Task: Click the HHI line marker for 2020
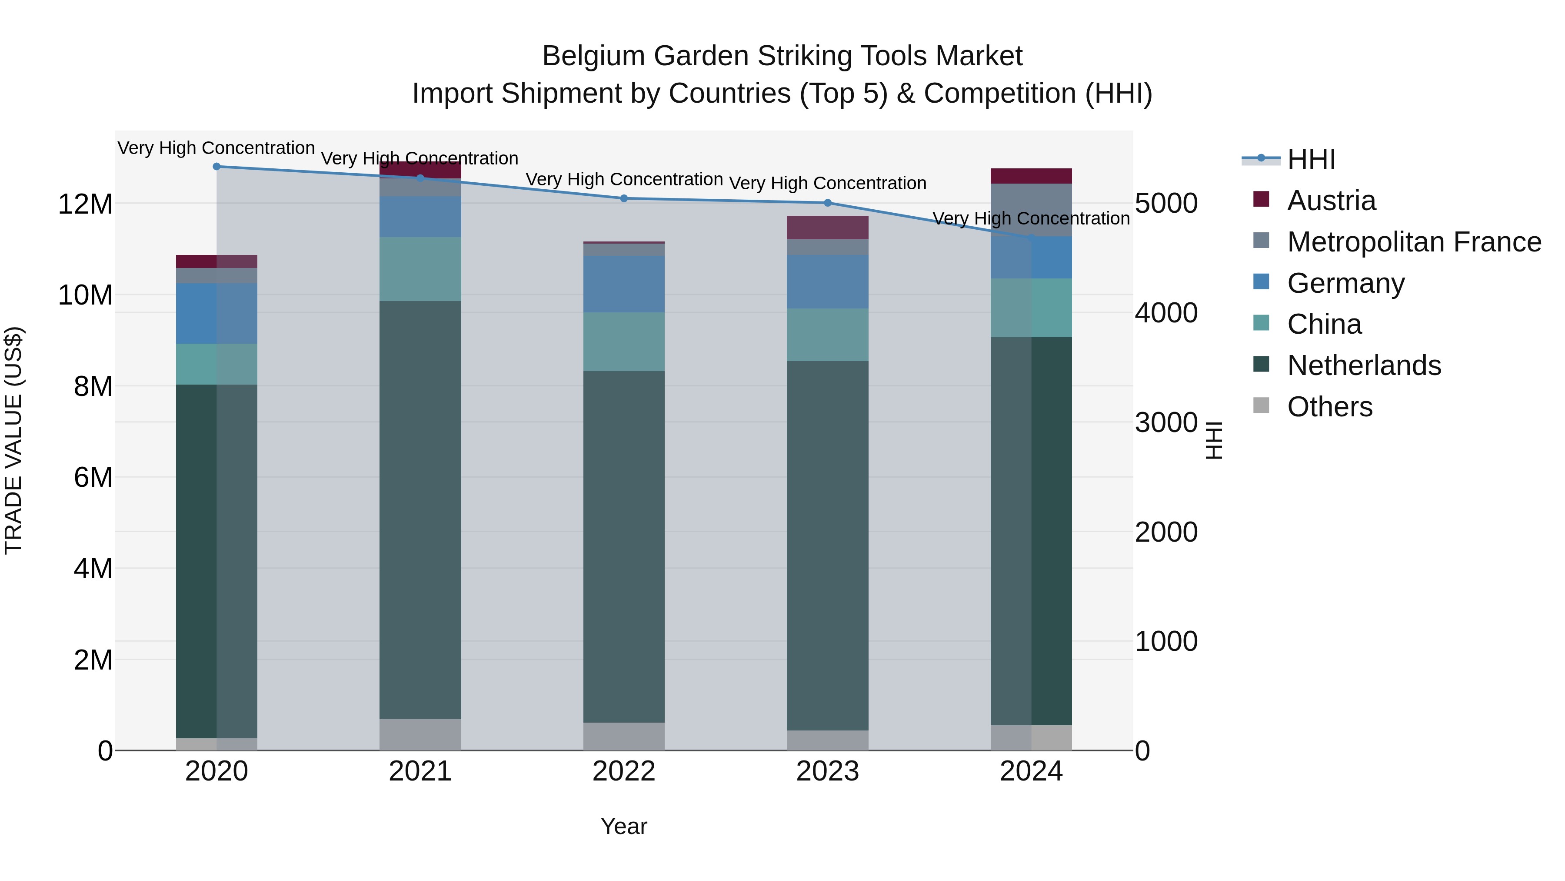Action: coord(216,167)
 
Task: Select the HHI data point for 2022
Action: coord(623,198)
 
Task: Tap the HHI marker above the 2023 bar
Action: coord(827,203)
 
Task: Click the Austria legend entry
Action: coord(1331,201)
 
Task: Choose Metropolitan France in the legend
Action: coord(1414,242)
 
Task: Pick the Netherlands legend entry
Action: coord(1363,365)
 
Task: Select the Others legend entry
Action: coord(1329,407)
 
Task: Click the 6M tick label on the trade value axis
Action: coord(93,478)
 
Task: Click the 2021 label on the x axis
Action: coord(420,771)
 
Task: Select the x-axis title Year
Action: coord(623,826)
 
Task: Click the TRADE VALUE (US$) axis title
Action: coord(14,440)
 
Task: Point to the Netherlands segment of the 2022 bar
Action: coord(623,547)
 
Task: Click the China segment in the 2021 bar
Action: coord(420,269)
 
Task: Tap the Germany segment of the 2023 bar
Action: coord(827,281)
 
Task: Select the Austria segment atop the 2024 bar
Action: coord(1031,176)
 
